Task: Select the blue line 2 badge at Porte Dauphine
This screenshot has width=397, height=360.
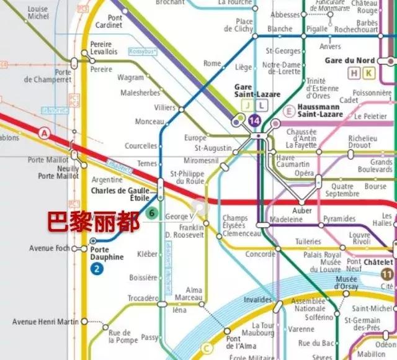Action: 97,269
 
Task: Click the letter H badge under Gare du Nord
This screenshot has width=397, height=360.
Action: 355,73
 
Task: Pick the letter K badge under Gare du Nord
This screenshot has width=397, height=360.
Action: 370,73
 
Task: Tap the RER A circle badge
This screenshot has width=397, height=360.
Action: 44,133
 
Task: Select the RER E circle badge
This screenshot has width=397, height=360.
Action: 288,111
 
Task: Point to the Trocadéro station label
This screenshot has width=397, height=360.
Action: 143,299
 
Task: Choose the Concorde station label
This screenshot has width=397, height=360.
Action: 260,254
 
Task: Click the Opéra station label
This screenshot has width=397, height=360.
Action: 304,173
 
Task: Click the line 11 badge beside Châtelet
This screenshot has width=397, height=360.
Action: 387,274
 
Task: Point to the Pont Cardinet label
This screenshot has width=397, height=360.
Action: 123,22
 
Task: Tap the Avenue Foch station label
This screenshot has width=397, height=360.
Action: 50,249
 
